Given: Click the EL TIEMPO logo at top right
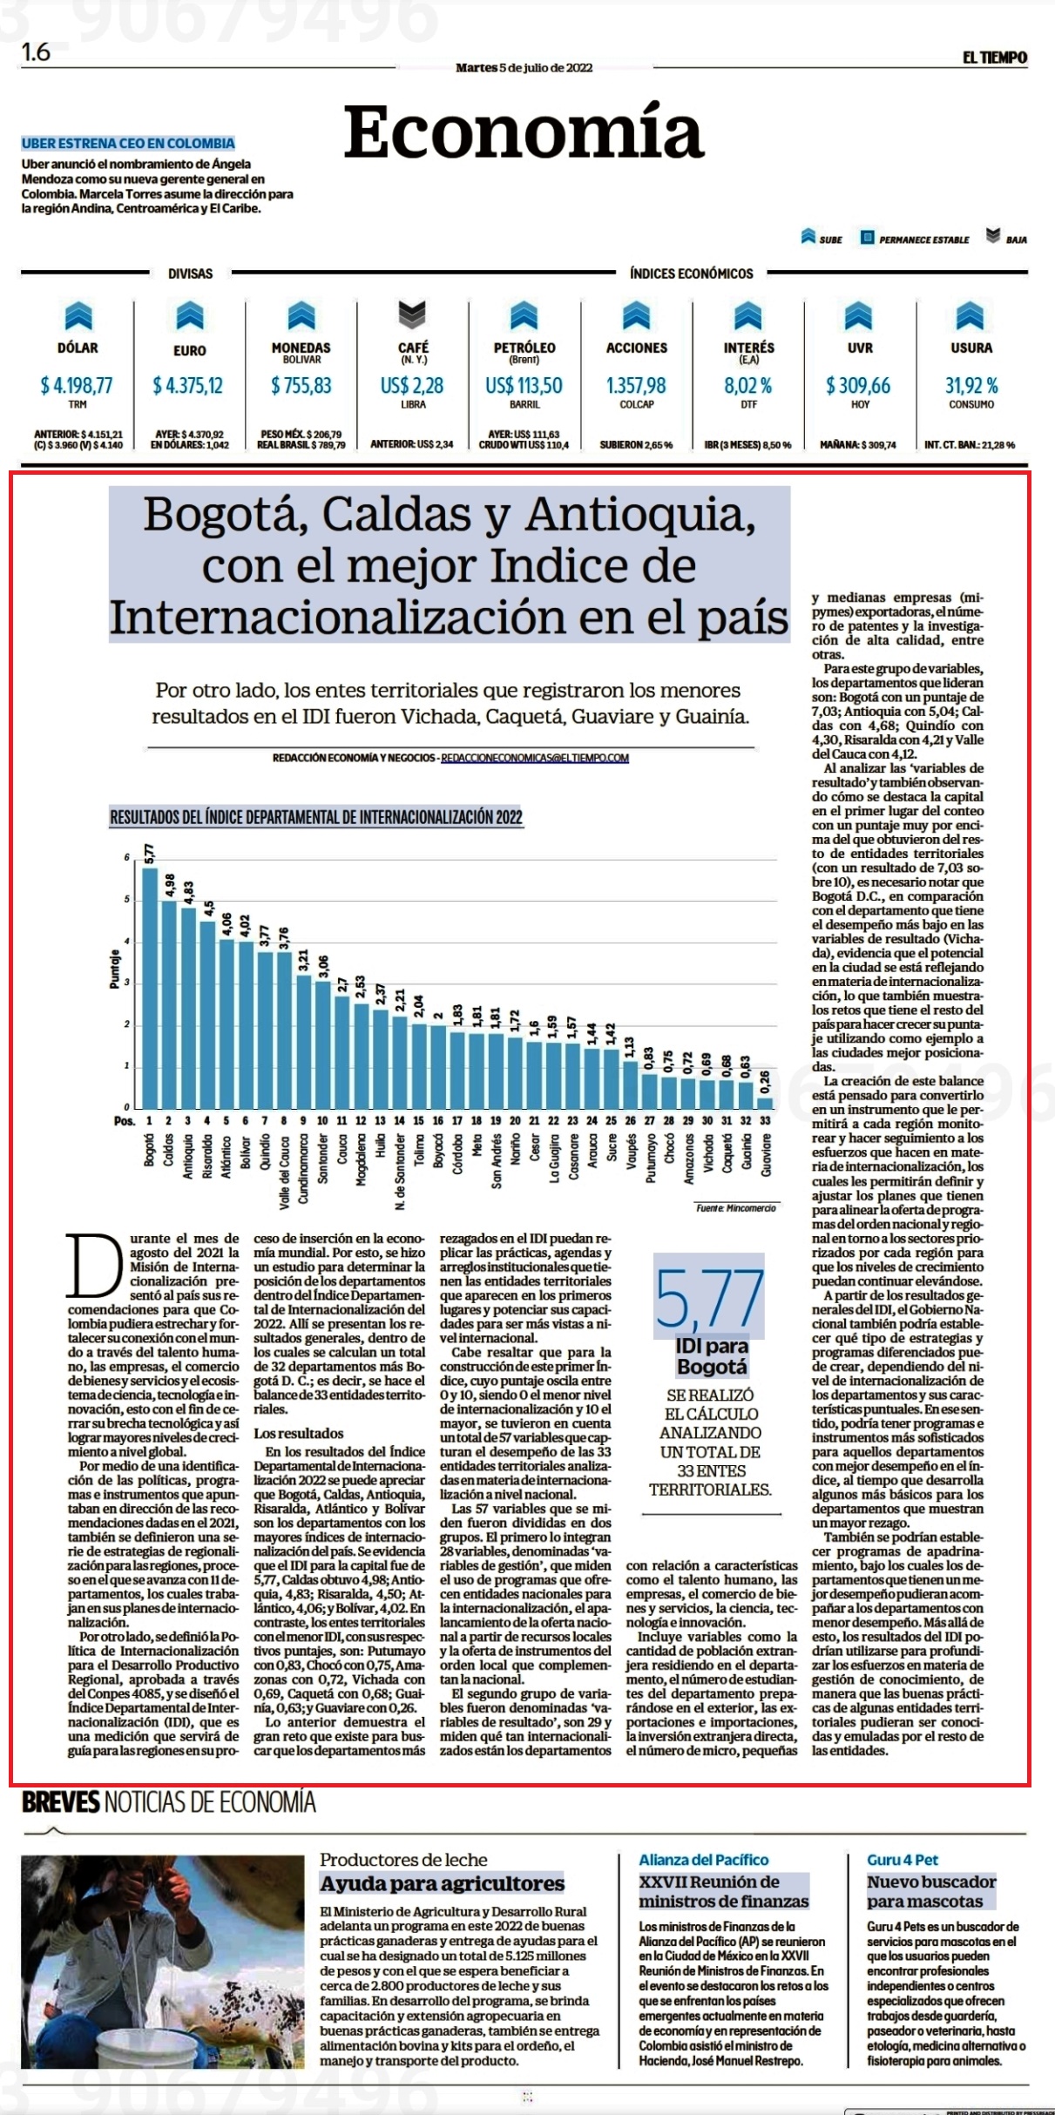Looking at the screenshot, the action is click(994, 57).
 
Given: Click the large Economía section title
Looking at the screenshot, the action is click(523, 132).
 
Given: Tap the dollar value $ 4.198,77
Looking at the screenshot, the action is click(77, 385).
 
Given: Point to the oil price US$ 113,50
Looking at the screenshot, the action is click(524, 385).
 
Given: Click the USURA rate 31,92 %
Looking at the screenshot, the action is click(971, 385).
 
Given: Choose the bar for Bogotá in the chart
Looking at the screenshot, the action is click(150, 987).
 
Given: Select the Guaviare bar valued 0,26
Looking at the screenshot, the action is click(765, 1102).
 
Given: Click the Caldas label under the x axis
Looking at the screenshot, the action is click(168, 1149).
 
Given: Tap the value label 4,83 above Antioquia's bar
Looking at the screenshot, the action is click(187, 893).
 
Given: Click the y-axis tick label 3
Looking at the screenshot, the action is click(126, 983).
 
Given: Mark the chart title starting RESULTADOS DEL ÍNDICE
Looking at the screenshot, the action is click(315, 816).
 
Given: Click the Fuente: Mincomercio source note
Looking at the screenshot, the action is click(735, 1207).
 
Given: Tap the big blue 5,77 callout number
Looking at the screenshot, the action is click(709, 1296).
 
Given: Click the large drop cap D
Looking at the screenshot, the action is click(96, 1266).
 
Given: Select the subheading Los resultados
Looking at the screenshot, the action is click(299, 1433).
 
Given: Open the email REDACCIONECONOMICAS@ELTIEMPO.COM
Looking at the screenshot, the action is click(535, 758).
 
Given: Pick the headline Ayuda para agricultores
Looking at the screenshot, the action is click(442, 1883).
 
